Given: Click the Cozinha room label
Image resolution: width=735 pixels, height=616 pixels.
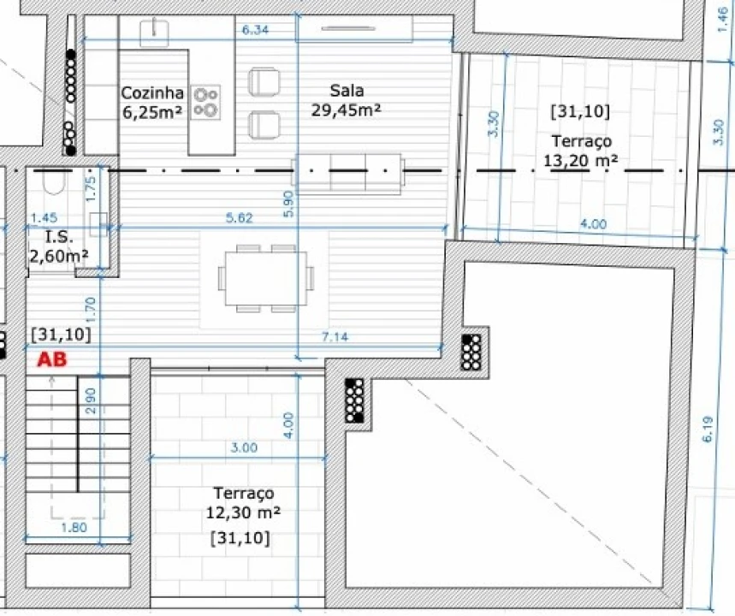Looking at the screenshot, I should point(152,101).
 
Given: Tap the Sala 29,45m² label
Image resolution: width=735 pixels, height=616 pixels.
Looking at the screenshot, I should point(345,99).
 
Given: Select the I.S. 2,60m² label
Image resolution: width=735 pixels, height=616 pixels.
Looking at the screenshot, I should point(58,246).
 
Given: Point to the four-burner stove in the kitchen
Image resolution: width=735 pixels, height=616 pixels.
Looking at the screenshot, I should point(205,102).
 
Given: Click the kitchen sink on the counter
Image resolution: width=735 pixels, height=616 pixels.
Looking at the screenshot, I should point(156,31).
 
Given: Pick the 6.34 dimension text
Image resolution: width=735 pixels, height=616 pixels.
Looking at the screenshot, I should point(255,31).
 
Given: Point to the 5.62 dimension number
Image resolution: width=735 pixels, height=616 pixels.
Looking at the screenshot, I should point(239,218).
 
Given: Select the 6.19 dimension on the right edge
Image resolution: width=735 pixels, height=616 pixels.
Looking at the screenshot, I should point(708,425).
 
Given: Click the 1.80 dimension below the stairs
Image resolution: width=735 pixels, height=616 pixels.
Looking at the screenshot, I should point(74,528).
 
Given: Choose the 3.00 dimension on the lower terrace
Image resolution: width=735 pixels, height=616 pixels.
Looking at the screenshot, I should point(243,447).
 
